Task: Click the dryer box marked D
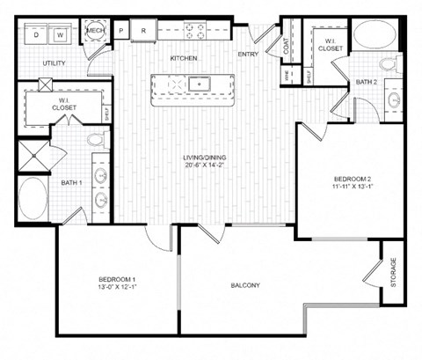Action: (37, 35)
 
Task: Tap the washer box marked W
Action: (61, 35)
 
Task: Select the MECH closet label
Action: (95, 32)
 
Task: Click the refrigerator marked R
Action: (143, 32)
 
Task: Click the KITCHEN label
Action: (183, 59)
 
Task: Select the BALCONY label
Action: (245, 285)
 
